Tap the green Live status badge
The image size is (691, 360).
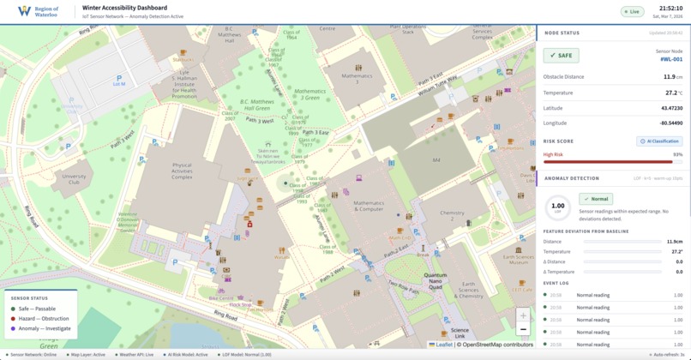[633, 12]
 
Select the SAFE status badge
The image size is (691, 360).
[561, 56]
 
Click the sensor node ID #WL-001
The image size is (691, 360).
[670, 59]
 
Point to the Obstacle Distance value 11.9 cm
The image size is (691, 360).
[671, 76]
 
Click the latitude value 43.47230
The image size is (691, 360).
[671, 108]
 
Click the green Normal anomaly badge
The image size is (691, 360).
[596, 199]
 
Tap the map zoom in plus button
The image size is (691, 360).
[523, 315]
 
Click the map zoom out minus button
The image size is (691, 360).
[523, 329]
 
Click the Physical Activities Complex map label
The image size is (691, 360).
[182, 171]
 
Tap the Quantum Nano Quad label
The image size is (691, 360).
[436, 279]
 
